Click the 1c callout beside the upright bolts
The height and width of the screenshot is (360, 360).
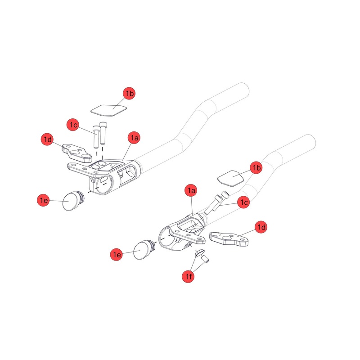74,125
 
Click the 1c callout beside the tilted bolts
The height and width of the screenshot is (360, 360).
243,202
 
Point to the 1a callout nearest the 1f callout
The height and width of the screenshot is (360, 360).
191,191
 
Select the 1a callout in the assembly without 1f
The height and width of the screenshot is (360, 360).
134,137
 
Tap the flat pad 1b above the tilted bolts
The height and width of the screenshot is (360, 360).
230,177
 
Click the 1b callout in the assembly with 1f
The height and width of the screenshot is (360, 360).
256,168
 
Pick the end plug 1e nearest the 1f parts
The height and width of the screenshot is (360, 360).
145,250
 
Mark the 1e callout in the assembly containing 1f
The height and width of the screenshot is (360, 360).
117,255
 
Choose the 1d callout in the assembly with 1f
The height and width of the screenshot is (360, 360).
261,227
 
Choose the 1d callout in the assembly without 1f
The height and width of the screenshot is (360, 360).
48,139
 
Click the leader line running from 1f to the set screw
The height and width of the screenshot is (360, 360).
198,268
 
